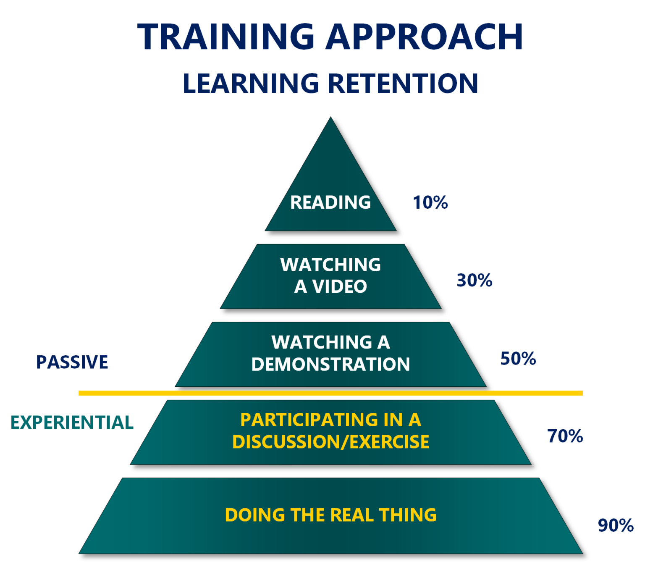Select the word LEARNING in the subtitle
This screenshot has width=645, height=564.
point(251,83)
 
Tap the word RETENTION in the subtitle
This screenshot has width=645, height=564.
point(403,83)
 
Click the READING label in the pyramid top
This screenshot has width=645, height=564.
point(330,202)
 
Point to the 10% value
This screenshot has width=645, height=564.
point(430,202)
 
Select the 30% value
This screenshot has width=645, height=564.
point(474,281)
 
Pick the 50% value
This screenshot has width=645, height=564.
point(518,359)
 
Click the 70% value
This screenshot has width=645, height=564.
point(565,436)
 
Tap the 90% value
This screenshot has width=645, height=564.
point(616,525)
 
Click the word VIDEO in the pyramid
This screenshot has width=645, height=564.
point(339,287)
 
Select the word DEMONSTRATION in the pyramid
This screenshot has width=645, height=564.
point(330,365)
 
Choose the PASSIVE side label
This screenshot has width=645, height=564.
point(72,362)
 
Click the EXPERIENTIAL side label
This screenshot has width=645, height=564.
point(72,422)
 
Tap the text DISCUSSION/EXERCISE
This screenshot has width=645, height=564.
point(330,442)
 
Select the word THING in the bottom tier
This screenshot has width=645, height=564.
point(408,515)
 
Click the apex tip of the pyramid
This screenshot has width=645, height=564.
point(330,118)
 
